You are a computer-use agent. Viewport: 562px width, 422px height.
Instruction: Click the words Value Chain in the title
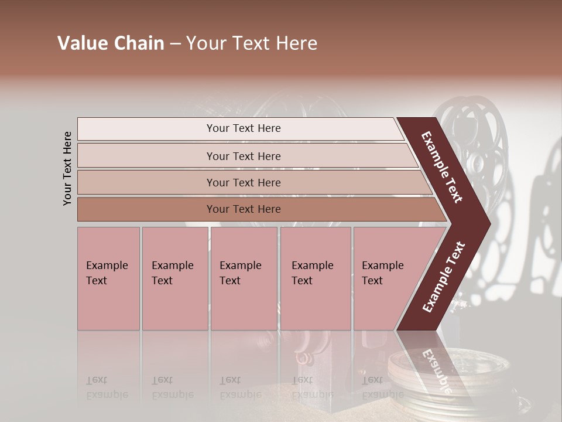pyautogui.click(x=111, y=43)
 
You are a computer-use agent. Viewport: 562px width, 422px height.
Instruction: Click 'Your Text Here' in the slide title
pyautogui.click(x=252, y=43)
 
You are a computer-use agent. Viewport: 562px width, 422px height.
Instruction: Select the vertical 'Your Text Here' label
pyautogui.click(x=67, y=168)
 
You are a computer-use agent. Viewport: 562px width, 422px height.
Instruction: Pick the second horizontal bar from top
pyautogui.click(x=243, y=156)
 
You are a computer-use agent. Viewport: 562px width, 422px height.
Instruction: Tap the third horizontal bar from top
pyautogui.click(x=243, y=182)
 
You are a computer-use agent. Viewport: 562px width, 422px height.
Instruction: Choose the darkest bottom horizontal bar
pyautogui.click(x=243, y=209)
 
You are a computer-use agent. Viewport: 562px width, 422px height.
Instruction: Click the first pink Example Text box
pyautogui.click(x=108, y=278)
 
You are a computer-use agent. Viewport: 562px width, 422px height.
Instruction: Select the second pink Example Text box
pyautogui.click(x=174, y=278)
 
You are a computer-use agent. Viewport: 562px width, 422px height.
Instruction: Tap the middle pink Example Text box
pyautogui.click(x=244, y=278)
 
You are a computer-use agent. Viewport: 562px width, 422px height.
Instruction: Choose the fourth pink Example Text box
pyautogui.click(x=316, y=278)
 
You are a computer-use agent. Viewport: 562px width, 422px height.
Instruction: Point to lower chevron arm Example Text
pyautogui.click(x=444, y=277)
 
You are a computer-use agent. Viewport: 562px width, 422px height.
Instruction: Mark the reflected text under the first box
pyautogui.click(x=107, y=387)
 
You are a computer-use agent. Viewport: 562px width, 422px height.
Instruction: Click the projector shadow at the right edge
pyautogui.click(x=547, y=234)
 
